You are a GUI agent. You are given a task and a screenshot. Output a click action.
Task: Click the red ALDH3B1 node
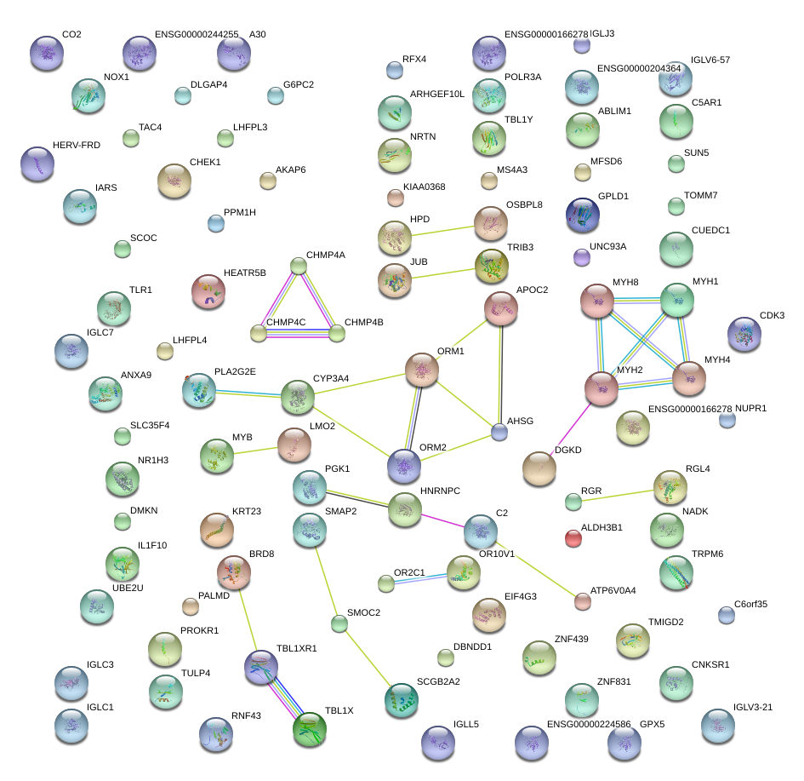pyautogui.click(x=573, y=538)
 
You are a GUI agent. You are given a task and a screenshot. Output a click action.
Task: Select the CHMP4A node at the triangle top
pyautogui.click(x=299, y=267)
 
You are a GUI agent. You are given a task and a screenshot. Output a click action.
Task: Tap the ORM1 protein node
pyautogui.click(x=421, y=370)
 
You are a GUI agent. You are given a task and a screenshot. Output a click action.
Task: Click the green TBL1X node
pyautogui.click(x=309, y=729)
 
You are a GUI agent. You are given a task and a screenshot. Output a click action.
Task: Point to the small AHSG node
pyautogui.click(x=500, y=433)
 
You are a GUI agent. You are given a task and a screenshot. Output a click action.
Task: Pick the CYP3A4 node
pyautogui.click(x=297, y=397)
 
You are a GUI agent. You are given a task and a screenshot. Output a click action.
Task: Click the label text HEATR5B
pyautogui.click(x=245, y=273)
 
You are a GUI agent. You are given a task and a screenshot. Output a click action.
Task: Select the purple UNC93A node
pyautogui.click(x=582, y=256)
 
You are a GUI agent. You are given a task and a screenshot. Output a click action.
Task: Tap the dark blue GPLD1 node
pyautogui.click(x=583, y=215)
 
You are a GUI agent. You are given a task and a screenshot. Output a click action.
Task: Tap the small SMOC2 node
pyautogui.click(x=339, y=623)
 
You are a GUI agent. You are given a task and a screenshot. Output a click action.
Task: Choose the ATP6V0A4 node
pyautogui.click(x=583, y=601)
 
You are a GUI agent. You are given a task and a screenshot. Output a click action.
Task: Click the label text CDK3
pyautogui.click(x=772, y=315)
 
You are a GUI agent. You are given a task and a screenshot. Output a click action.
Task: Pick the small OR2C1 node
pyautogui.click(x=386, y=583)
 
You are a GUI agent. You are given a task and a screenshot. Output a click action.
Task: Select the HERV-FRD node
pyautogui.click(x=37, y=164)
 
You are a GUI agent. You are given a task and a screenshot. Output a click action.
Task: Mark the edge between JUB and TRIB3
pyautogui.click(x=442, y=272)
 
